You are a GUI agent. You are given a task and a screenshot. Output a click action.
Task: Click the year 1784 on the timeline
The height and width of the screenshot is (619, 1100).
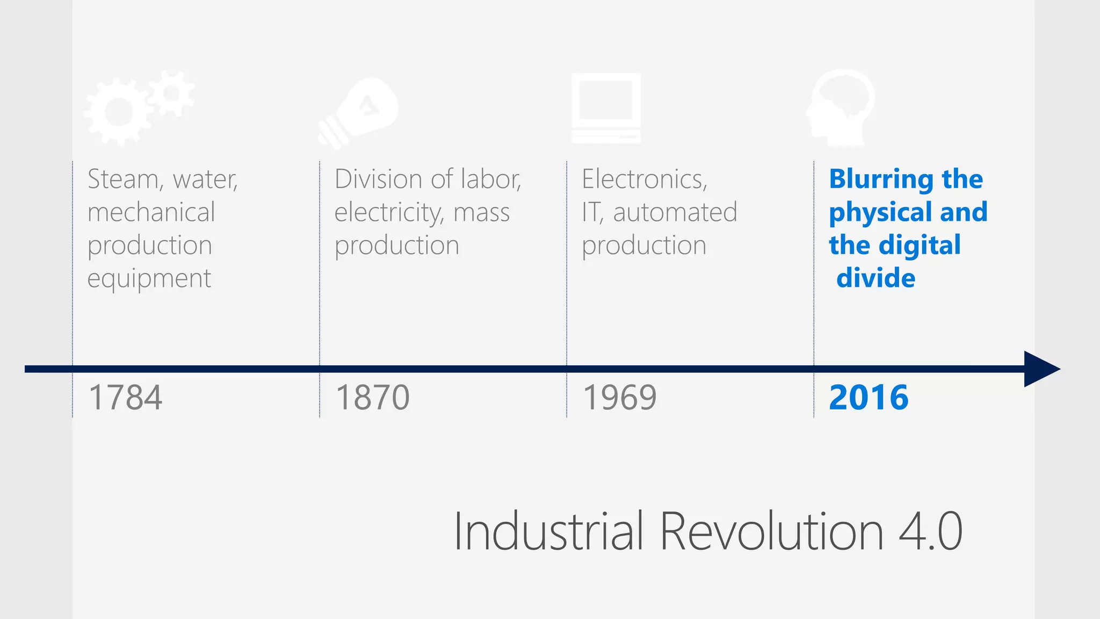point(125,398)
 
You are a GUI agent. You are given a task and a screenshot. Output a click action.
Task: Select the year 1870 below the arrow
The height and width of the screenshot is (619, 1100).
point(372,398)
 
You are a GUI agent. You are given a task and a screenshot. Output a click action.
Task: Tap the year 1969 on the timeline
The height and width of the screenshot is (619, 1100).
point(619,398)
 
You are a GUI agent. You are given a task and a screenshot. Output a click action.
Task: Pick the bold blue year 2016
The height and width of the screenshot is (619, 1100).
point(869,398)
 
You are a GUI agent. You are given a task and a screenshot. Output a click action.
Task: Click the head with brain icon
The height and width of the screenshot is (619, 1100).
point(841,107)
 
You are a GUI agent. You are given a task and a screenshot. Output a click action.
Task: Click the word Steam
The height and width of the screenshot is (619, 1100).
point(123,179)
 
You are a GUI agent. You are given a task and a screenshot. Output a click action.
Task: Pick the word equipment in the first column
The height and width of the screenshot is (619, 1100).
point(149,278)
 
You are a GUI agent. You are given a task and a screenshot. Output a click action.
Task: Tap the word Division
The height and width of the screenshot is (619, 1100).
point(378,179)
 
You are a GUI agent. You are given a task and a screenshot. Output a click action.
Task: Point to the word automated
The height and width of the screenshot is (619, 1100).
point(675,212)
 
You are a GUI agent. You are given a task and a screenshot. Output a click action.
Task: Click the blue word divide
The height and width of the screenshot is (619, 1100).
point(875,278)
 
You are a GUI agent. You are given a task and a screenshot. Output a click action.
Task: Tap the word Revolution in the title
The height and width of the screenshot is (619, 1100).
point(771,531)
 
